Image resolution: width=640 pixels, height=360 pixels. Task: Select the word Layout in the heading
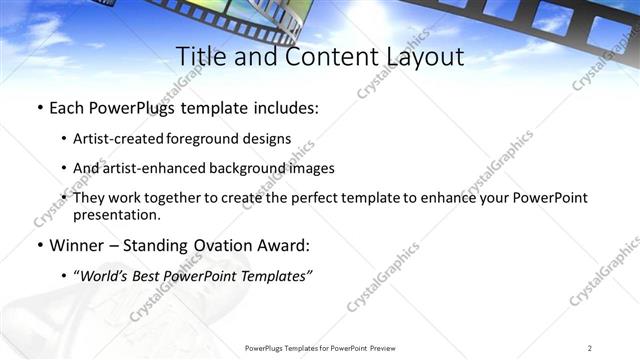coord(422,57)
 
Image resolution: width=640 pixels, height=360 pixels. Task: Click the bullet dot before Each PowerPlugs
coord(39,107)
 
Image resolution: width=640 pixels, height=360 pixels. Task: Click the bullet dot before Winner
coord(39,245)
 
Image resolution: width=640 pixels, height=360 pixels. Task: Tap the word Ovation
coord(214,245)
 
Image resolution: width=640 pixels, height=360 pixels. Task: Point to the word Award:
coord(281,245)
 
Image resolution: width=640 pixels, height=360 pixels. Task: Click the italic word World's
coord(105,276)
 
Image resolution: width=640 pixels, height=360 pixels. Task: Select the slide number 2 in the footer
coord(589,348)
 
